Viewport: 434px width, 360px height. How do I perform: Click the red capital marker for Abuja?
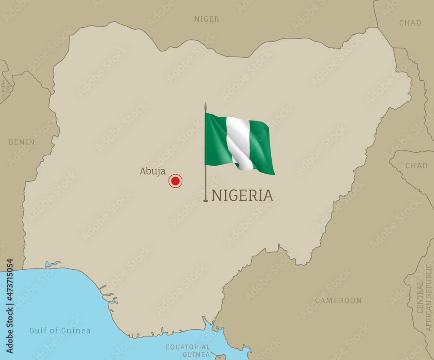pos(175,181)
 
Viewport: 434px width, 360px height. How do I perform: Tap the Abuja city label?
pos(152,171)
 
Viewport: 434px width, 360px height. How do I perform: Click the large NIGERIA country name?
pos(242,196)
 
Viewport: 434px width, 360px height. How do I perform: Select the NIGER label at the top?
pos(207,19)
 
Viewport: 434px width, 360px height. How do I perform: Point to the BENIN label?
pos(22,142)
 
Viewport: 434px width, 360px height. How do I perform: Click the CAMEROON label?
pos(338,300)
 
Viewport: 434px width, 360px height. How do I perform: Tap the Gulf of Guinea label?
pos(60,331)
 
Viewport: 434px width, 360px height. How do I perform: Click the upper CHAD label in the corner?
pos(410,23)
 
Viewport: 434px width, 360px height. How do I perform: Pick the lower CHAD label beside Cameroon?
pos(416,165)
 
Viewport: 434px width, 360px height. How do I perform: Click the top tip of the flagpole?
pos(206,104)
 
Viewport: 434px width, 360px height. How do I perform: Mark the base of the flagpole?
pos(206,200)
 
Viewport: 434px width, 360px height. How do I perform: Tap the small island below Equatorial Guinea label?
pos(220,357)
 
